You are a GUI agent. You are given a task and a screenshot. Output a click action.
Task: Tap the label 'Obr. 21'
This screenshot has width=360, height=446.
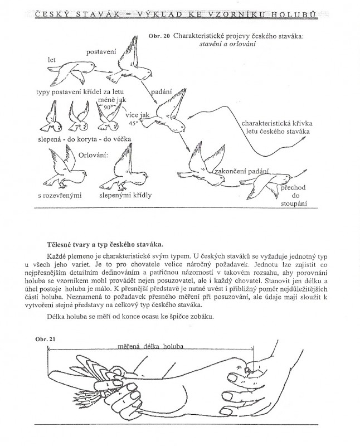(x=43, y=338)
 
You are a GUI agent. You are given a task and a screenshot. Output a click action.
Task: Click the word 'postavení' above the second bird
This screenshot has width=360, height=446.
(x=101, y=52)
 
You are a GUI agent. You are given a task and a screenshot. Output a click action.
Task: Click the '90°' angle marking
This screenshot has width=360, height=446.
(x=108, y=105)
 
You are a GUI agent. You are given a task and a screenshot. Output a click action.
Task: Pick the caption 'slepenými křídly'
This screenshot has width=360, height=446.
(x=125, y=196)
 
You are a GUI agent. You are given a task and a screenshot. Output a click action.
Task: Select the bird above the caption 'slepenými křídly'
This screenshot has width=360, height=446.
(x=125, y=170)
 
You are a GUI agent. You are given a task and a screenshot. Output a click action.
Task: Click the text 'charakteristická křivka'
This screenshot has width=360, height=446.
(x=276, y=123)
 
